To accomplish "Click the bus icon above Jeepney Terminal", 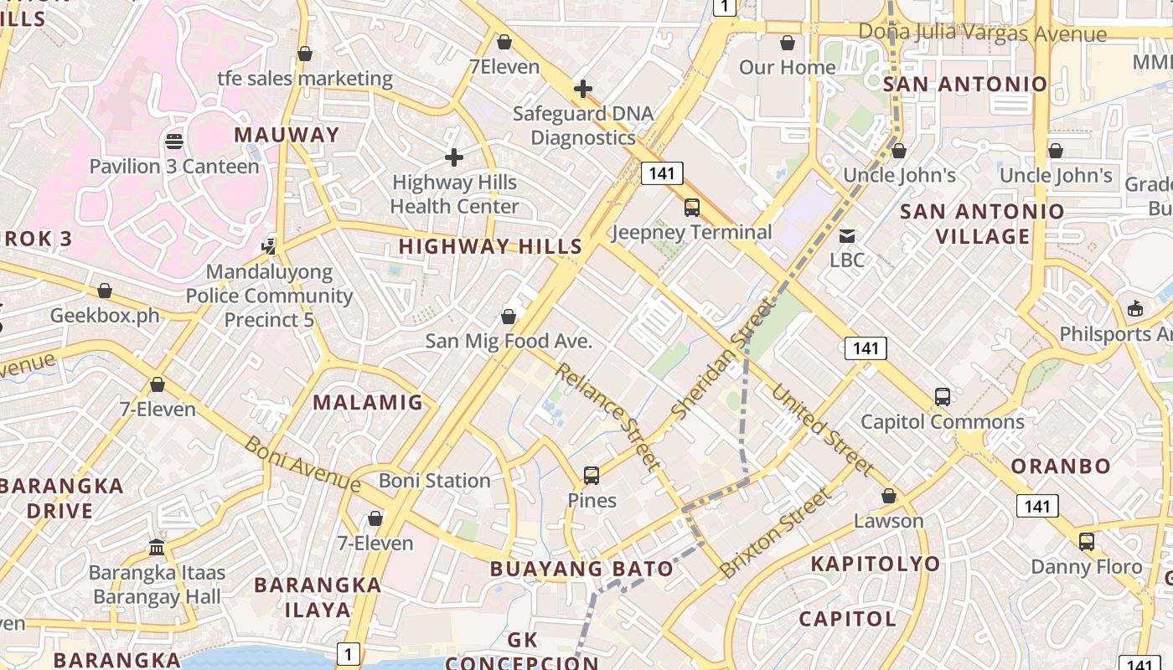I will tap(692, 208).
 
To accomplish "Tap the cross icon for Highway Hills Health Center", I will tap(454, 157).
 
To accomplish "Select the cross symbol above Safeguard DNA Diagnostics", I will tap(583, 89).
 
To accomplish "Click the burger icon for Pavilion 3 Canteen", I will tap(174, 142).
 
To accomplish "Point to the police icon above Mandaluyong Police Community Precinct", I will tap(269, 246).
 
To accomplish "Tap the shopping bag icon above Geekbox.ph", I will tap(105, 291).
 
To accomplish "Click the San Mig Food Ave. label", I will tap(509, 341).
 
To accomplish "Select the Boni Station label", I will tap(435, 481).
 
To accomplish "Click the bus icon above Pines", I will tap(592, 476).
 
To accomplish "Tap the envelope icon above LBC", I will tap(847, 235).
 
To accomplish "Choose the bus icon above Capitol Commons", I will tap(943, 397).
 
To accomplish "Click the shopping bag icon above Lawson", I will tap(889, 497).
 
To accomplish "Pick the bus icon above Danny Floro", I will tap(1087, 542).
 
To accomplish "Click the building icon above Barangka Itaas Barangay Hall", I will tap(157, 548).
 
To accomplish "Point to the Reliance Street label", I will tap(607, 416).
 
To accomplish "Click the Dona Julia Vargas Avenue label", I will tap(982, 33).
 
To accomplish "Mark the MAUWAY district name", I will tap(287, 135).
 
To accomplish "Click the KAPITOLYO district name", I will tap(875, 564).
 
